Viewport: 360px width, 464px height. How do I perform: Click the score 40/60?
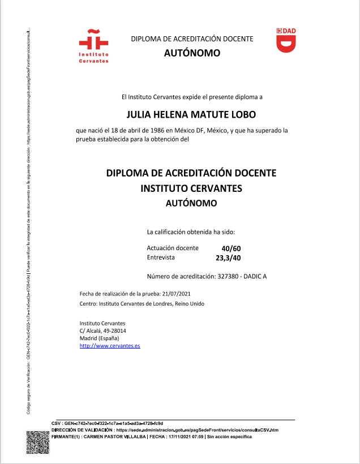click(x=231, y=248)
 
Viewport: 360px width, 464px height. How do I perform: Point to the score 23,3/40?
click(x=229, y=258)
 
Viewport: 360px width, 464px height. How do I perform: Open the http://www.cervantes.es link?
click(x=110, y=345)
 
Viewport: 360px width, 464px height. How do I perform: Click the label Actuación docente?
click(x=173, y=248)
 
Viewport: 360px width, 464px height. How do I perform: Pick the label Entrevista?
click(x=161, y=257)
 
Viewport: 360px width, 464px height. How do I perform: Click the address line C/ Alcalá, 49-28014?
click(x=102, y=330)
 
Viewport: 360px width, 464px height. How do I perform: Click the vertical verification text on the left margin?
click(x=29, y=221)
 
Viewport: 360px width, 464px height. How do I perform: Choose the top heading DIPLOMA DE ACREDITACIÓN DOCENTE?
click(x=192, y=39)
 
